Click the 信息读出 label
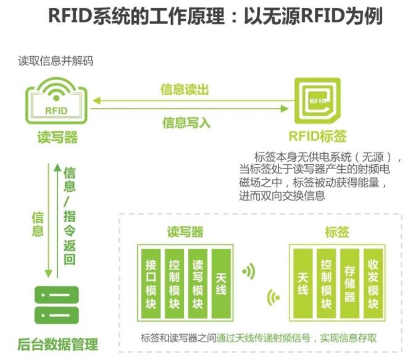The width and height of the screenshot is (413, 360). tap(185, 90)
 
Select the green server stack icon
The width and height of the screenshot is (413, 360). tap(56, 307)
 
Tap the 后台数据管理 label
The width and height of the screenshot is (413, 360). tap(57, 344)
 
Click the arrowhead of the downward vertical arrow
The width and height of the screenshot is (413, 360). tap(47, 275)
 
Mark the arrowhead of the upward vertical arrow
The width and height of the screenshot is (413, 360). tap(57, 167)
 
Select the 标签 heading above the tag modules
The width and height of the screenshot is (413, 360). tap(336, 232)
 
